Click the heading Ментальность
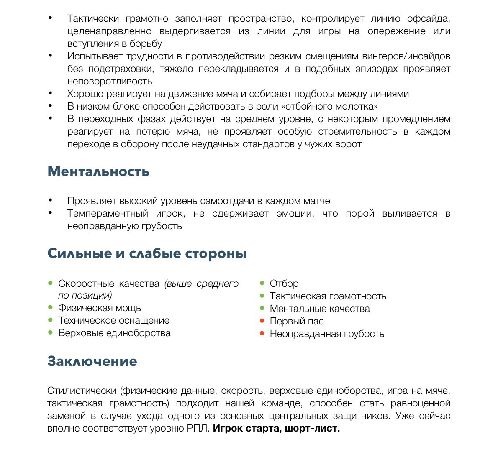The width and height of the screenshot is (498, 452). click(x=98, y=171)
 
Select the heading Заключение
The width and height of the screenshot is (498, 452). click(x=92, y=361)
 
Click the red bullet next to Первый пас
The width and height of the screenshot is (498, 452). click(x=262, y=321)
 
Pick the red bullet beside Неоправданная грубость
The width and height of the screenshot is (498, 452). click(x=262, y=334)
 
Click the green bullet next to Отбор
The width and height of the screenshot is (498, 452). click(x=262, y=283)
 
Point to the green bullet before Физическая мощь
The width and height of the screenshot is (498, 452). click(x=50, y=308)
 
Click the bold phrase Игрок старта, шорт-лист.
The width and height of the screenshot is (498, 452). click(x=276, y=429)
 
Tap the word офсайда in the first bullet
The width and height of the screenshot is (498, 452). click(x=429, y=19)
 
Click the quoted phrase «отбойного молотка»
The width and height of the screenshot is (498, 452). click(x=331, y=107)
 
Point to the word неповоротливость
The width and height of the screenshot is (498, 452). click(x=110, y=82)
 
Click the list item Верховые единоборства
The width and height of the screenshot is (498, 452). click(x=114, y=333)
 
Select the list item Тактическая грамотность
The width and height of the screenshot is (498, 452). click(x=328, y=296)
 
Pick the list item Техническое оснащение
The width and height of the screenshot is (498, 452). click(x=114, y=321)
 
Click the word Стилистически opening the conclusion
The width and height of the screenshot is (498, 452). click(x=82, y=391)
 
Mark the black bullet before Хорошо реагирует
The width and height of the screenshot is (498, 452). click(x=51, y=94)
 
